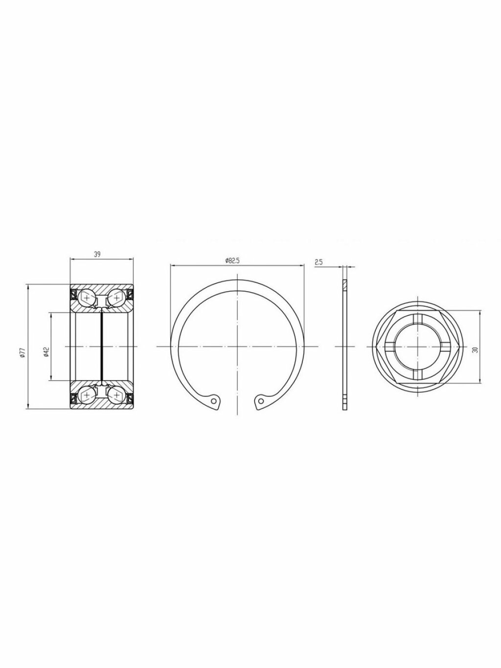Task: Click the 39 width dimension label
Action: [97, 254]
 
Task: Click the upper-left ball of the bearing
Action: [87, 298]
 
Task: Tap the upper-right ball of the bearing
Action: [116, 298]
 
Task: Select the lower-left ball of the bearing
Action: [87, 395]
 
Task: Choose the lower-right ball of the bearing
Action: [116, 395]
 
